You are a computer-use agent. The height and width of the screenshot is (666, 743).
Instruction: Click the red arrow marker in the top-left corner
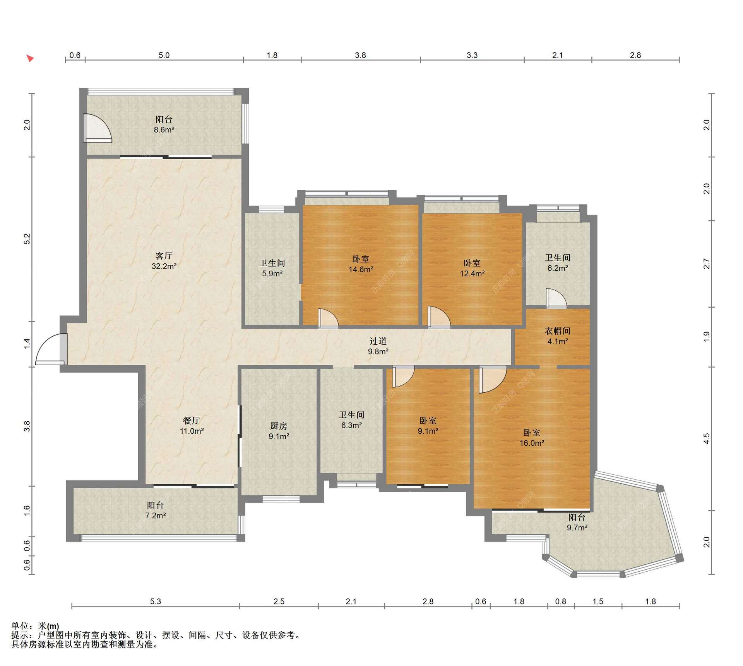(30, 58)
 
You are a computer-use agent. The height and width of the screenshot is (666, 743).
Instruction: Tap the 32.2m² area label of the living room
(164, 266)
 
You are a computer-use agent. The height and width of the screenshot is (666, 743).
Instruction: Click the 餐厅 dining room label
(192, 420)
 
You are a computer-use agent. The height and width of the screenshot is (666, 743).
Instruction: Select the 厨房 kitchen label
(279, 426)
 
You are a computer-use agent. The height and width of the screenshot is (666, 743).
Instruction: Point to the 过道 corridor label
(378, 341)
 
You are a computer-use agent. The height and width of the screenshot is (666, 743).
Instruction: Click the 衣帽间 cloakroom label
(558, 331)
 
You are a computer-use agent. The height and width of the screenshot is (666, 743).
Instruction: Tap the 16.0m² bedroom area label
(532, 443)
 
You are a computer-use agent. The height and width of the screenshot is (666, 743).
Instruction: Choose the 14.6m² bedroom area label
(361, 269)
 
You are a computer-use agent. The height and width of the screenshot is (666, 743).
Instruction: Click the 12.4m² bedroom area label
(472, 273)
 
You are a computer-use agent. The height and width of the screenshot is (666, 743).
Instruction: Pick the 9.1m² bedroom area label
(428, 431)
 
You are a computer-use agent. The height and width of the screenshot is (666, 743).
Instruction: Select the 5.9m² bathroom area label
(272, 273)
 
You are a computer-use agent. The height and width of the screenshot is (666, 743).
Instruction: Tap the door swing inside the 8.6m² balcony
(98, 128)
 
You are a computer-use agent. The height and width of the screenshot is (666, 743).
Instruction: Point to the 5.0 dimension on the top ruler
(164, 55)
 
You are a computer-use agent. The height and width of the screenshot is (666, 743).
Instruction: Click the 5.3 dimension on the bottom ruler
(155, 601)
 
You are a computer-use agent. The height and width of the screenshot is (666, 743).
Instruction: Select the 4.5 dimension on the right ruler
(707, 438)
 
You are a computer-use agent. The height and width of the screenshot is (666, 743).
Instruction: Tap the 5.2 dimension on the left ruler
(27, 239)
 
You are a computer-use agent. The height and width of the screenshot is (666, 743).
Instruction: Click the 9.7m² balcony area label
(577, 527)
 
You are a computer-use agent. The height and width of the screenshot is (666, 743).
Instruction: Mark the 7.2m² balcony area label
(156, 515)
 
